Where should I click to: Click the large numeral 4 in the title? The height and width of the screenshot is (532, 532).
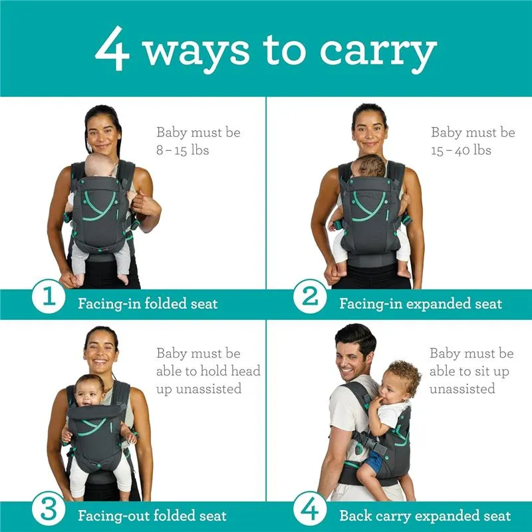pos(112,48)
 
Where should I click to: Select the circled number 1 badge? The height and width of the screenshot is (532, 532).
pos(49,296)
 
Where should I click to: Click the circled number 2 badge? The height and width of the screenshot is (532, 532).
pos(310,296)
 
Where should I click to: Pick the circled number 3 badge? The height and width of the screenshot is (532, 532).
pos(49,509)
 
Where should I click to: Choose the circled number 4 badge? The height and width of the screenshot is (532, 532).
pos(310,509)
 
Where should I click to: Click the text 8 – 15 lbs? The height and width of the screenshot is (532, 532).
pos(182,150)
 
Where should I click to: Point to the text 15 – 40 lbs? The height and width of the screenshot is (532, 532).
pos(461,150)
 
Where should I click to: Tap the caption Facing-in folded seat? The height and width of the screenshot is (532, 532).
pos(148,304)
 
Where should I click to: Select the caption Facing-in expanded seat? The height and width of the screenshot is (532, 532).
pos(421,304)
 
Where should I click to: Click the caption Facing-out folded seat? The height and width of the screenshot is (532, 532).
pos(152,516)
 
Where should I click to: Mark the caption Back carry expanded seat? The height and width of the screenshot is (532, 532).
pos(425,516)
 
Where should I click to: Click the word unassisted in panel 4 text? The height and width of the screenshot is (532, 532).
pos(462,388)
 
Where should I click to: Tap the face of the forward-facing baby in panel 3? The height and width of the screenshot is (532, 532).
pos(88,395)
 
